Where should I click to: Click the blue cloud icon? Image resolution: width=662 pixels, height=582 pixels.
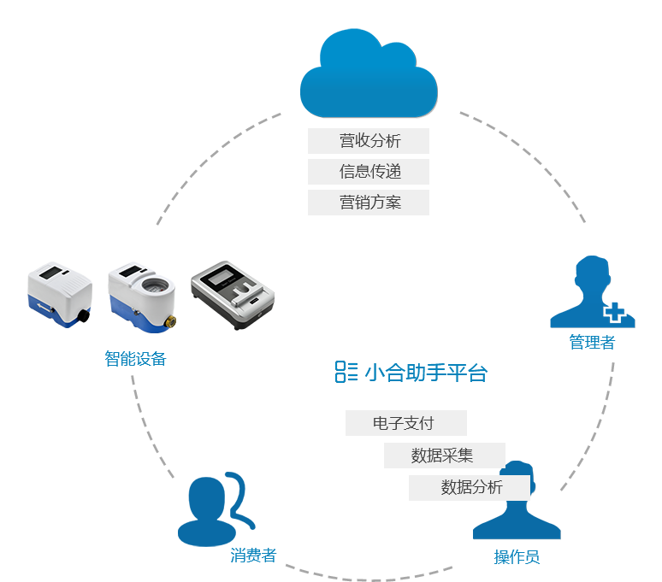click(x=369, y=74)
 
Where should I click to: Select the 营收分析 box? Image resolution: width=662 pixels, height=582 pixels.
click(x=369, y=141)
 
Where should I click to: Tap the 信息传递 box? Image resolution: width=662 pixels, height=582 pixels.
click(x=369, y=172)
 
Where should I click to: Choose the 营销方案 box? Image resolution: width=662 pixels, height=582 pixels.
click(x=369, y=203)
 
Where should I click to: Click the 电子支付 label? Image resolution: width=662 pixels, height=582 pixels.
click(x=405, y=423)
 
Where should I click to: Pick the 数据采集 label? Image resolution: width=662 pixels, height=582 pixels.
click(x=443, y=456)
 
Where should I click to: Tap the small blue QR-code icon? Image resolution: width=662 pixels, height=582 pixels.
click(x=346, y=372)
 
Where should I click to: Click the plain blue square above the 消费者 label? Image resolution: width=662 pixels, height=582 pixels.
click(x=216, y=509)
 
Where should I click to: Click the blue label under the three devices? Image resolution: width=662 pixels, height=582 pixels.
click(x=134, y=359)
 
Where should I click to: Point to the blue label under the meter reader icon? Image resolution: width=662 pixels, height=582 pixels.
click(x=517, y=558)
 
